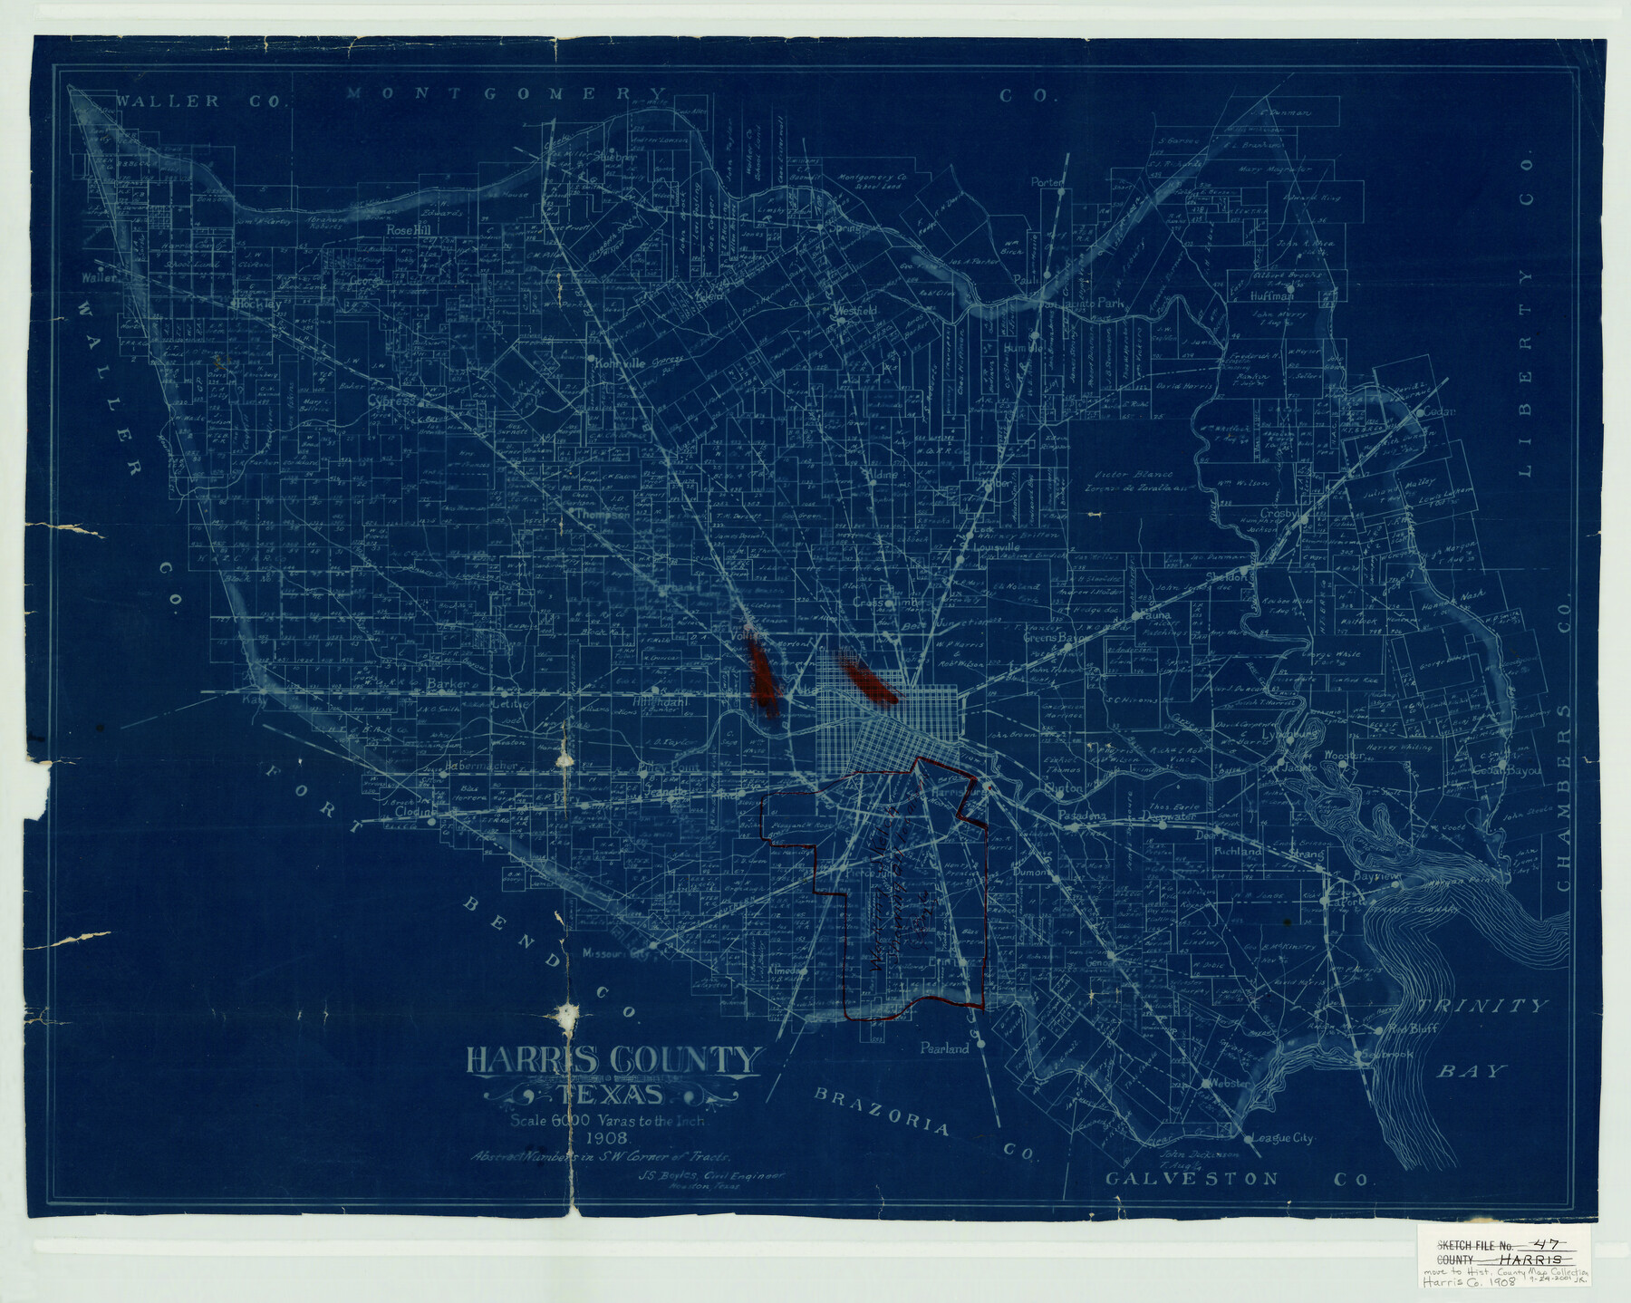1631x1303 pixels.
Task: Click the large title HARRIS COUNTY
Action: click(x=613, y=1060)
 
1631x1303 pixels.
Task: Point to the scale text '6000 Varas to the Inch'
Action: click(x=609, y=1121)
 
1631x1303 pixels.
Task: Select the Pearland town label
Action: click(x=944, y=1048)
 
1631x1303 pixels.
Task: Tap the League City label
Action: click(x=1281, y=1138)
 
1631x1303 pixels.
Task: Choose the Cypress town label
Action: click(x=391, y=400)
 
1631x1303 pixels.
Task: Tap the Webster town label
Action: click(x=1230, y=1084)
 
